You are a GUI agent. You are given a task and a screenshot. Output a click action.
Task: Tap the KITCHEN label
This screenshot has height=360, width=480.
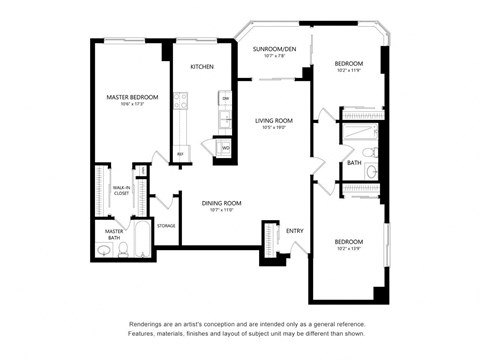point(203,67)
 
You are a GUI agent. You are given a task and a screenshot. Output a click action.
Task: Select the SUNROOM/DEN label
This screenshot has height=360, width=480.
point(274,49)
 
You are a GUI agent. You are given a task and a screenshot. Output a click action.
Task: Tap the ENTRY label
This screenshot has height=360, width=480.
point(295,231)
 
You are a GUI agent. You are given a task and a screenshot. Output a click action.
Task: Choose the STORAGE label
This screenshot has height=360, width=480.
point(166,226)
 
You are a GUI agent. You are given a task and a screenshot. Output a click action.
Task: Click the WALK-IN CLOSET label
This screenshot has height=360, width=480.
point(121,190)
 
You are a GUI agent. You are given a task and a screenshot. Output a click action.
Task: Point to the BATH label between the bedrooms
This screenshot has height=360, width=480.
point(354,162)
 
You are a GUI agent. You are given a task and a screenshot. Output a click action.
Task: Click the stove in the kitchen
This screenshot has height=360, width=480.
point(181,100)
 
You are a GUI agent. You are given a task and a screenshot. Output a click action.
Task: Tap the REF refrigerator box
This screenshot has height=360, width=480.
point(181,154)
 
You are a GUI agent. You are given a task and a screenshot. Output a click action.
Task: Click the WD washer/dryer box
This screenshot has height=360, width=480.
point(226,148)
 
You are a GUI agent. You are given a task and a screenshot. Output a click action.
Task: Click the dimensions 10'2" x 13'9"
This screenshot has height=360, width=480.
point(349,248)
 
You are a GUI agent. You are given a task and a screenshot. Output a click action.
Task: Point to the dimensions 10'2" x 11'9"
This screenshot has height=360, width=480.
point(349,71)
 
